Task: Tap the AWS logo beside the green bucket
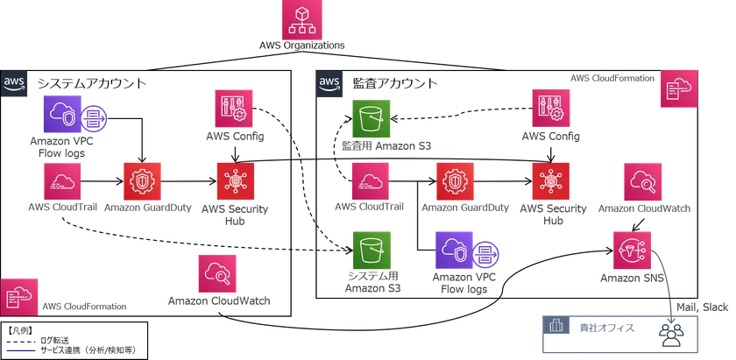(x=329, y=84)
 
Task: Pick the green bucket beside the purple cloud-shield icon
(x=372, y=250)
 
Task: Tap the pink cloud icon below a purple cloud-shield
(x=63, y=182)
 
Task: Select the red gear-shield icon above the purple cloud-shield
(x=456, y=182)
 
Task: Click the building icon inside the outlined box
(x=556, y=327)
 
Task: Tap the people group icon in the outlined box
(x=671, y=333)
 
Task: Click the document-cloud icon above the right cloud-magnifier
(x=680, y=88)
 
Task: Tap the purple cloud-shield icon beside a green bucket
(x=454, y=251)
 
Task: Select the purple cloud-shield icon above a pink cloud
(x=63, y=114)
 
